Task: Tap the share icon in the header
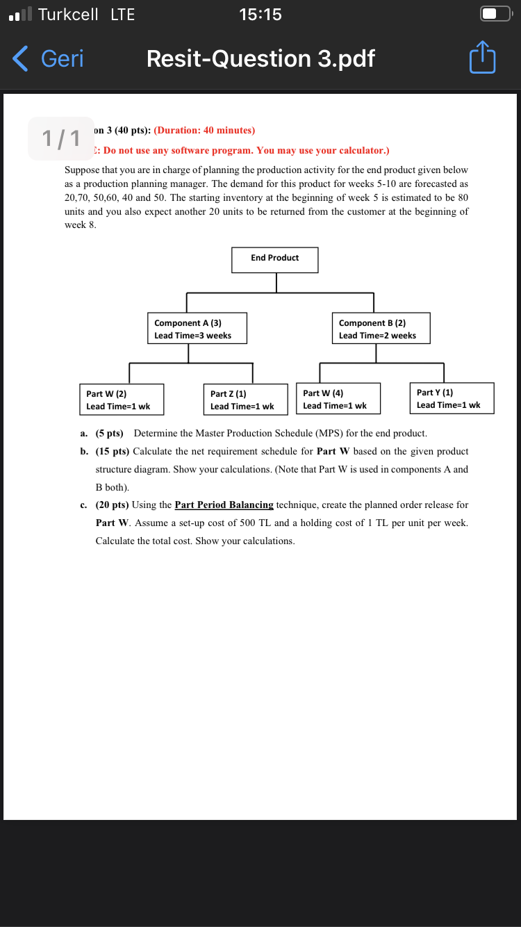pos(482,59)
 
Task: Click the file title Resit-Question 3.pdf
pos(260,59)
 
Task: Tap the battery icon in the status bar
pos(495,15)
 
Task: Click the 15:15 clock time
pos(260,15)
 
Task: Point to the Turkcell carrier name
pos(68,15)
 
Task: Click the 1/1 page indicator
pos(61,138)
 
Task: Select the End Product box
pos(275,259)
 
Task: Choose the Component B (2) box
pos(381,329)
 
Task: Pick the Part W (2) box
pos(122,400)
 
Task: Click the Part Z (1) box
pos(245,400)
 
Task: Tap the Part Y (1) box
pos(452,398)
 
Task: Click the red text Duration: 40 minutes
pos(204,130)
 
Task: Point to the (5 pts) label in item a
pos(109,433)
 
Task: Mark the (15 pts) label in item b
pos(112,451)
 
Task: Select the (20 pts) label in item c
pos(112,504)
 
